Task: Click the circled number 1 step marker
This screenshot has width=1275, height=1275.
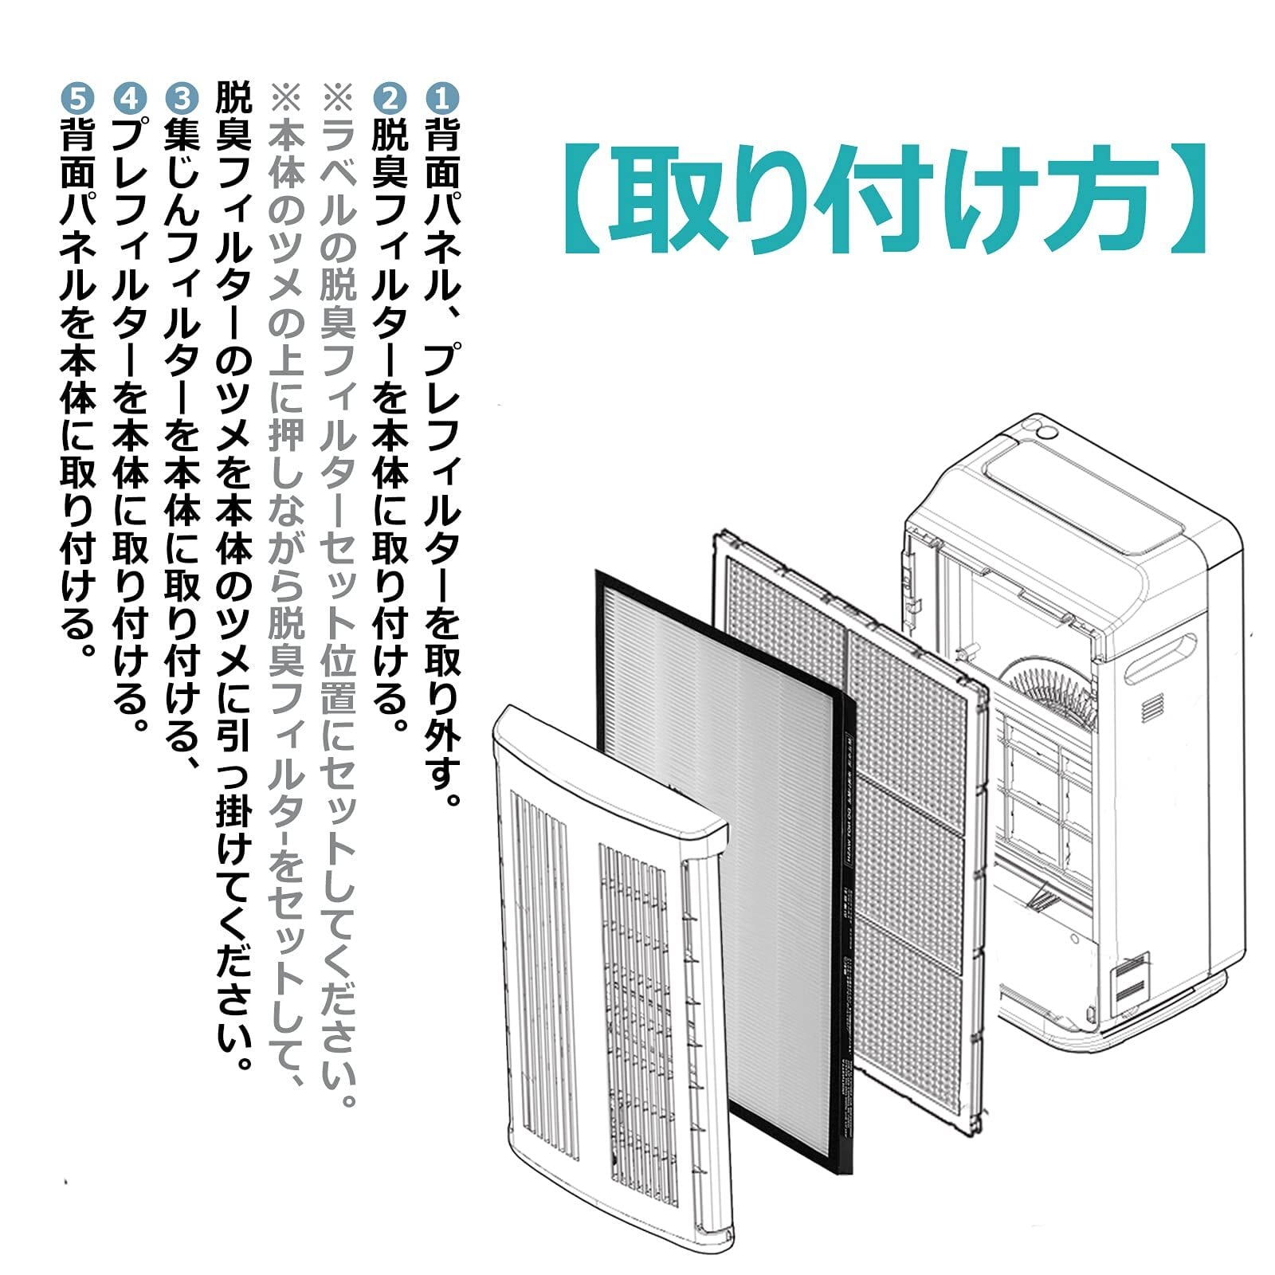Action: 442,97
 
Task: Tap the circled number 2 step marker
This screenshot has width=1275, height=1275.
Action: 390,97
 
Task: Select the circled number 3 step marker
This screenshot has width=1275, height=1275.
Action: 182,97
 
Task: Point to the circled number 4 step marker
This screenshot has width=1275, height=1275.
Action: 131,97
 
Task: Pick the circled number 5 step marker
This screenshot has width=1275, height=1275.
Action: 78,97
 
